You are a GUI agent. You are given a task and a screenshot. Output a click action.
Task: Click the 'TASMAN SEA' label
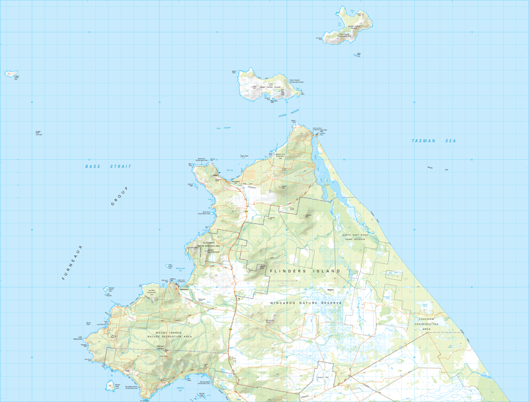(434, 141)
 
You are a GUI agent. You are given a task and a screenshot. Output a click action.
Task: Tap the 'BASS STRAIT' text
(108, 167)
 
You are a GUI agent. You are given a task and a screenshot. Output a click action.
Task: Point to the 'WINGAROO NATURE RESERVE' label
(305, 302)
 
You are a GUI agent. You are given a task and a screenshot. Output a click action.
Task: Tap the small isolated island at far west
(11, 74)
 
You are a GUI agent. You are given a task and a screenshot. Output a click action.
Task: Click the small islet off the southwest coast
(109, 385)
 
